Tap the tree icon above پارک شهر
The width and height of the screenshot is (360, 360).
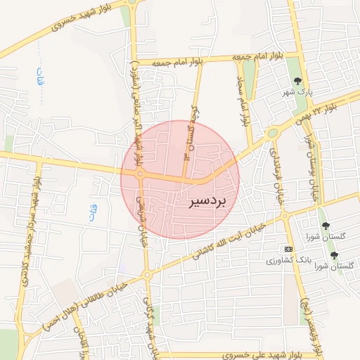click(x=297, y=80)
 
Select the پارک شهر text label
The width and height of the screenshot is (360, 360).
click(x=297, y=92)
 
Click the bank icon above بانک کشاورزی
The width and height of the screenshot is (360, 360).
click(x=288, y=249)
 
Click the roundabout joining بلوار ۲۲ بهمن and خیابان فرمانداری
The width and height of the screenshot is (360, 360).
click(x=272, y=133)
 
